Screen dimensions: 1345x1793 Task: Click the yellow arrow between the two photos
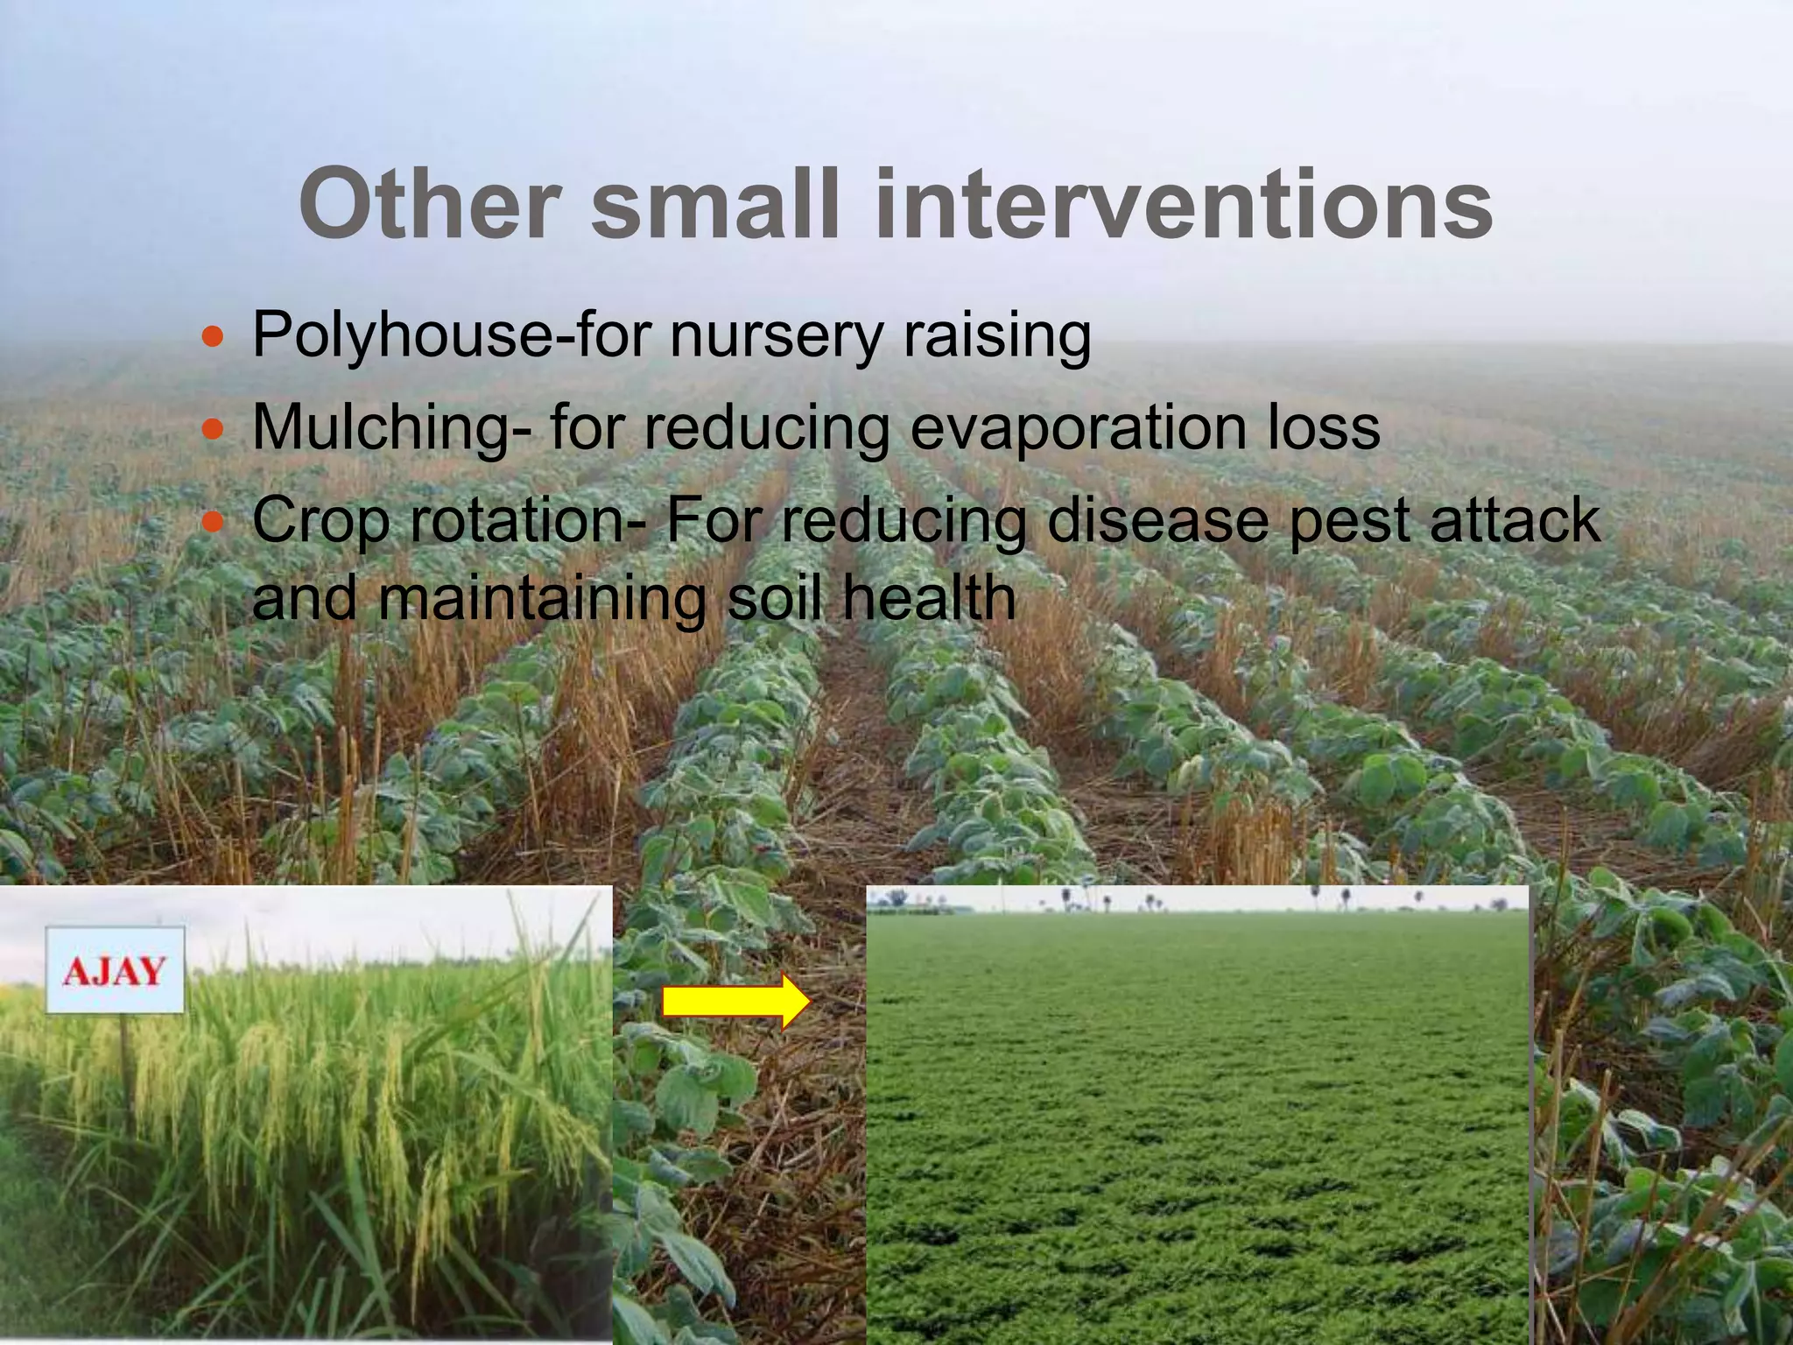click(x=735, y=1001)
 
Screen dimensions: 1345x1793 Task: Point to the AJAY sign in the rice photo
click(x=115, y=970)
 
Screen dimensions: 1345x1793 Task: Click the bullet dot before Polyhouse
click(x=212, y=335)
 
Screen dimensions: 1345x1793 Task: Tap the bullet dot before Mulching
click(x=212, y=429)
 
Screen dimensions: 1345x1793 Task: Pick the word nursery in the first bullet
click(x=776, y=335)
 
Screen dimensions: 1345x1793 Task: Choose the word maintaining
click(x=543, y=599)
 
